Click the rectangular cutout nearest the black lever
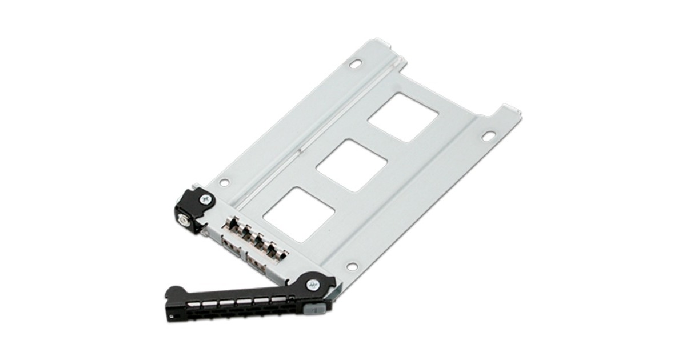(299, 210)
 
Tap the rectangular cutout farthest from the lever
(403, 118)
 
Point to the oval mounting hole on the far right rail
(488, 136)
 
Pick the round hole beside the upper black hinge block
(225, 183)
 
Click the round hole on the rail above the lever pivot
(352, 266)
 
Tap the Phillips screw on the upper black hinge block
(204, 199)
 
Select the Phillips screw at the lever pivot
(313, 283)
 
